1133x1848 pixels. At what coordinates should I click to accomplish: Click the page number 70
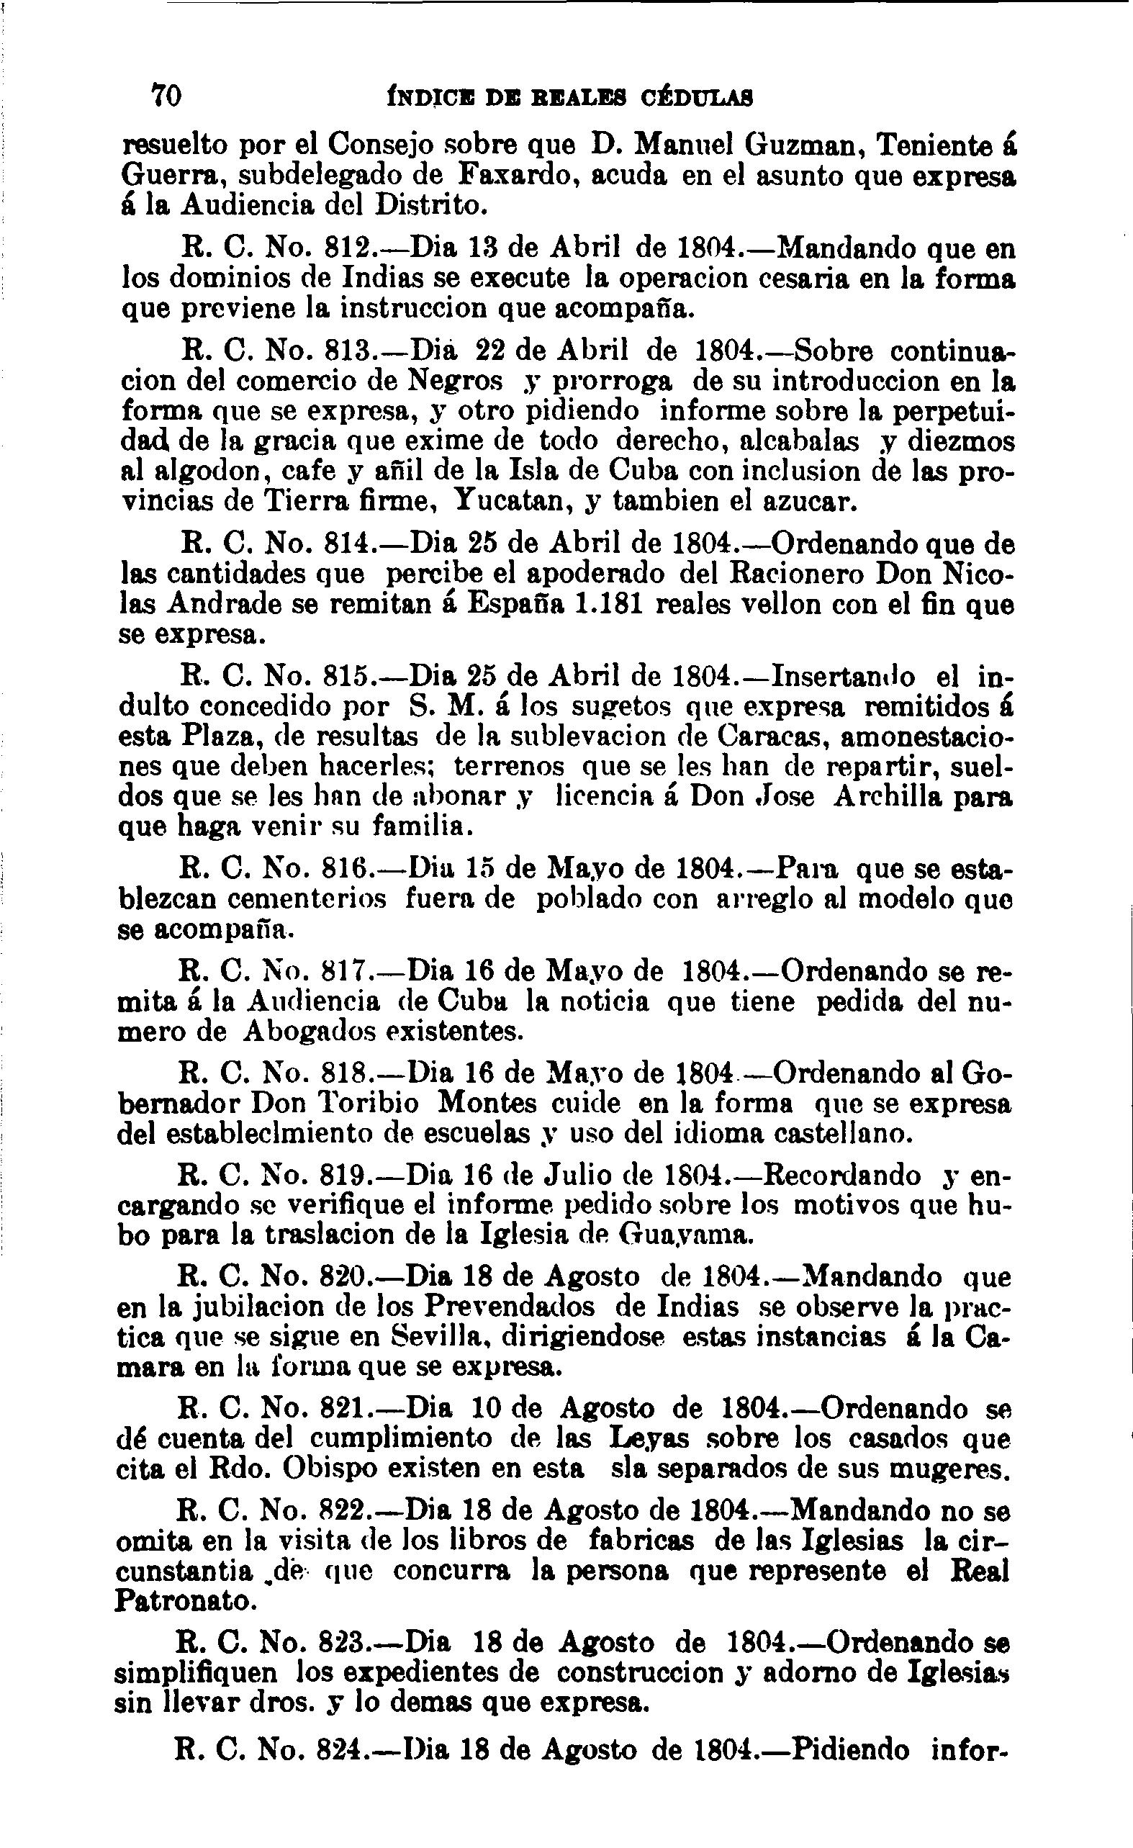coord(166,95)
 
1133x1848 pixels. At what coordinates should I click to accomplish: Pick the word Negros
coord(454,381)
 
